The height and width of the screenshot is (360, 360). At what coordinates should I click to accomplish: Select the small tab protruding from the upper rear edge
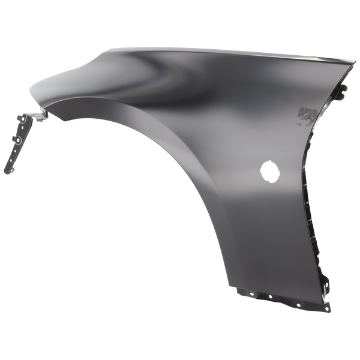344,92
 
